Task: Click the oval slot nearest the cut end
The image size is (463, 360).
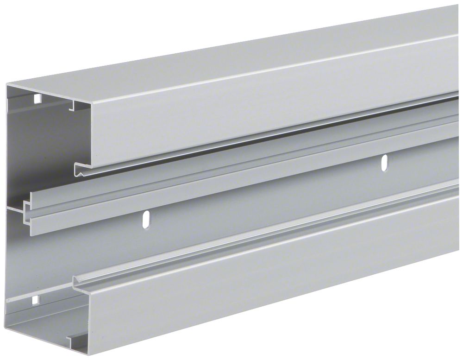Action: click(146, 219)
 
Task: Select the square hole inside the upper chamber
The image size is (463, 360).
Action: click(36, 98)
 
